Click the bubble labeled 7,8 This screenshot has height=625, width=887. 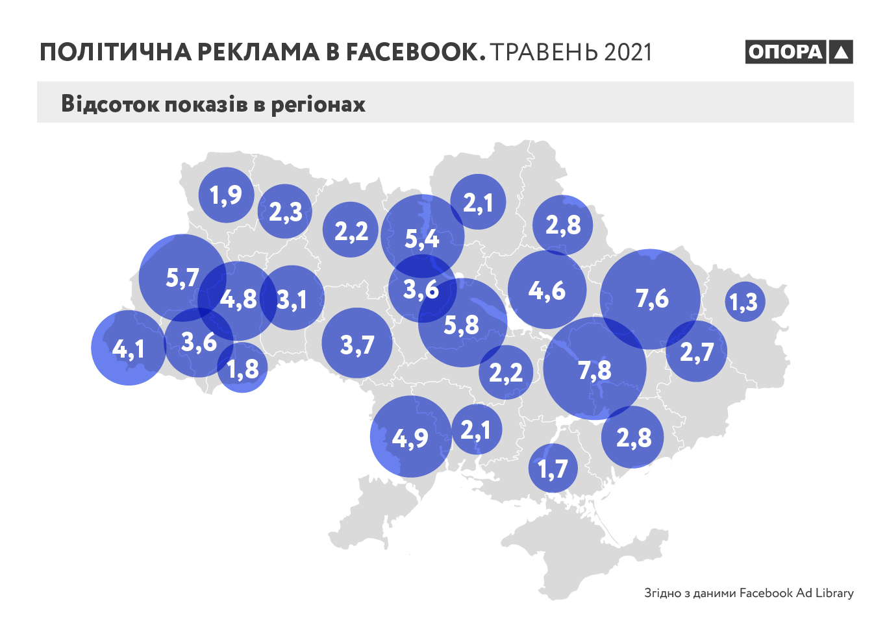pos(595,369)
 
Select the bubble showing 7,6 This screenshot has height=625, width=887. pos(651,299)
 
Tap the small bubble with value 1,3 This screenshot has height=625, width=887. pos(744,302)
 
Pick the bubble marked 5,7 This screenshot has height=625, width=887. pos(182,278)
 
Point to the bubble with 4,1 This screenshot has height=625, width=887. pos(129,349)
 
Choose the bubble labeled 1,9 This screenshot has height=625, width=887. pos(225,195)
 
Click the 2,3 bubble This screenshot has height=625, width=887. pos(285,212)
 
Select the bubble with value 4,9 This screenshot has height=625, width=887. pos(410,437)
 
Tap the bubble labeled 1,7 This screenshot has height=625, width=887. pos(553,468)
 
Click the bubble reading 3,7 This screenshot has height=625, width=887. pos(357,343)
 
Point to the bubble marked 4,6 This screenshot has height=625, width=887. pos(547,290)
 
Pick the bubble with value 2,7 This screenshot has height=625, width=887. pos(697,352)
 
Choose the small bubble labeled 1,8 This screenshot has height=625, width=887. pos(242,369)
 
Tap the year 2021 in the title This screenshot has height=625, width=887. pos(627,53)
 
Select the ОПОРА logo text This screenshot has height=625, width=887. pos(785,52)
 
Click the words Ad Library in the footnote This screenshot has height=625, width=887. pos(825,593)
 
